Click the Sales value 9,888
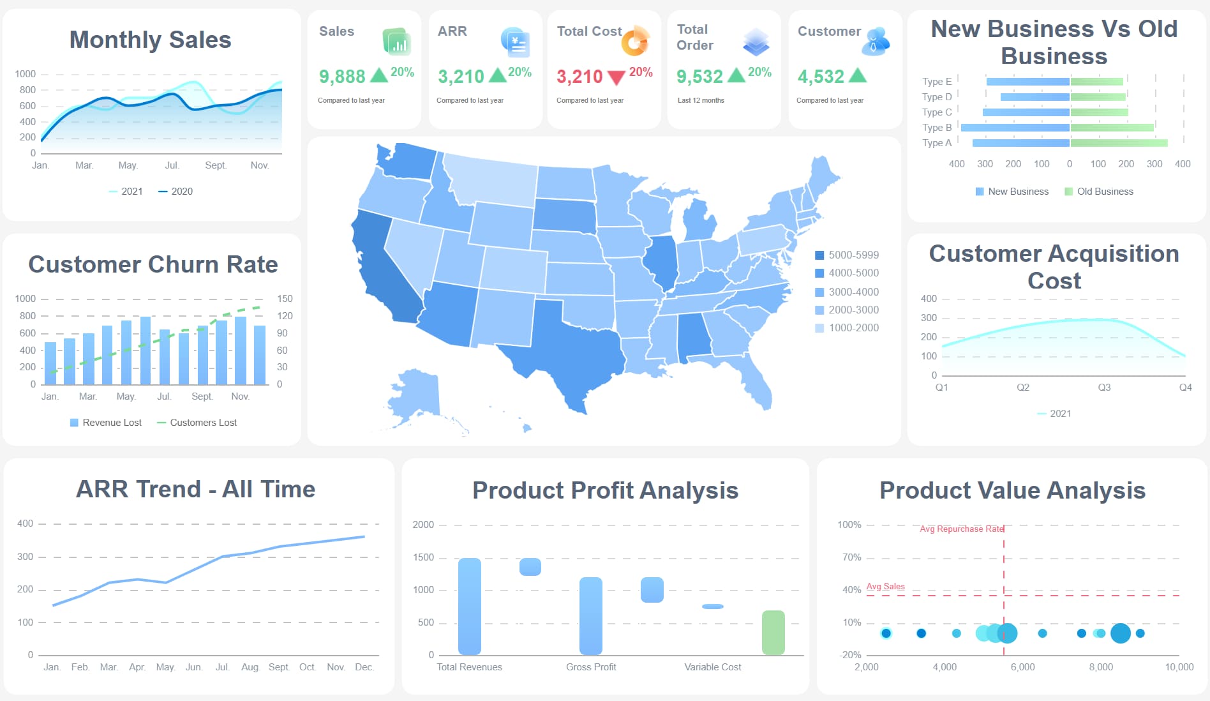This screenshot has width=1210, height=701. point(342,77)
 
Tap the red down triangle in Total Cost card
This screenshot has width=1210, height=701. point(616,78)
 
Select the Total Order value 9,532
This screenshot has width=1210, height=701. point(699,77)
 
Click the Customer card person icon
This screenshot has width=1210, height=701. point(876,41)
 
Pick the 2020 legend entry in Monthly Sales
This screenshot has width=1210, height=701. point(176,191)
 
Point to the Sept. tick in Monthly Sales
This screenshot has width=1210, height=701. point(215,165)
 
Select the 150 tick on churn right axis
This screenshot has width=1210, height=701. point(285,299)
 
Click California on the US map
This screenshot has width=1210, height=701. point(377,268)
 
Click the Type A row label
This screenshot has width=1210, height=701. point(936,143)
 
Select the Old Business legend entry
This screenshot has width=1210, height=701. point(1099,192)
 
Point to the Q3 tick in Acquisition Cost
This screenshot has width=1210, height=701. point(1104,388)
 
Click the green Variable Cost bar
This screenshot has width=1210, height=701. point(773,632)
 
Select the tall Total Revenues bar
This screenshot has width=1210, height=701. point(470,607)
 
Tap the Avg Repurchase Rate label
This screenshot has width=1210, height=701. point(961,529)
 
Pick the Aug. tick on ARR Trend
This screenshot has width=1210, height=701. point(250,667)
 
